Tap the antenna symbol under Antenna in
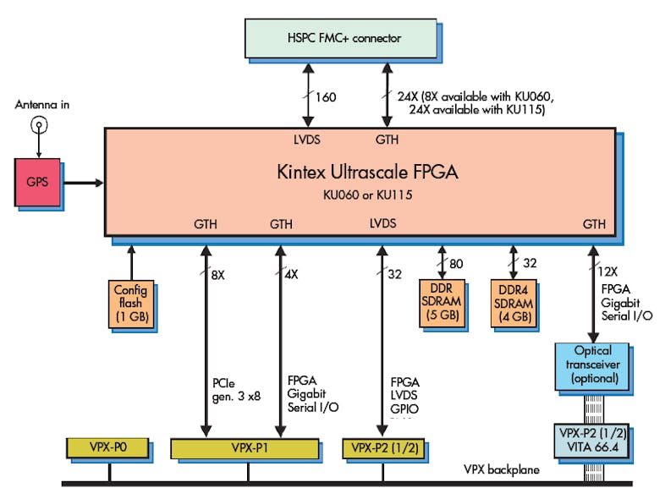coord(37,126)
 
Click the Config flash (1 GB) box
coord(131,304)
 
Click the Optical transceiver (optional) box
coord(591,365)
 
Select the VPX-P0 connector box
coord(108,445)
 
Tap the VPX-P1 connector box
coord(245,447)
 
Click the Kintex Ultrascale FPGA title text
coord(367,173)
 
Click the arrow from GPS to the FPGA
coord(81,182)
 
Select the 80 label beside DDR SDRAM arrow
coord(456,263)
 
